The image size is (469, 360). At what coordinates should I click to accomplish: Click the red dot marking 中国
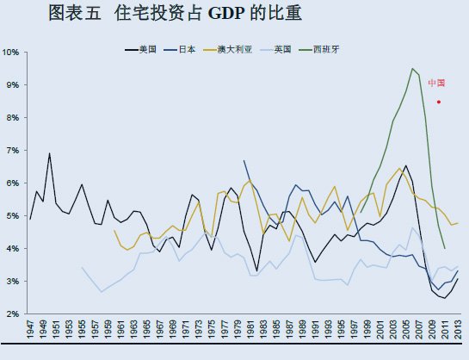click(439, 102)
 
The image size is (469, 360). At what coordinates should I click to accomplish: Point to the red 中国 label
click(436, 84)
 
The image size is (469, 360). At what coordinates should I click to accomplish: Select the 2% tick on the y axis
click(13, 313)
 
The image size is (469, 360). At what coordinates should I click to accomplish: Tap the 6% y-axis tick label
click(13, 183)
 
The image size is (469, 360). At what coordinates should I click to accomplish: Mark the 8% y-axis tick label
click(13, 118)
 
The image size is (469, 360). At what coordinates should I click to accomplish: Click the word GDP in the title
click(224, 14)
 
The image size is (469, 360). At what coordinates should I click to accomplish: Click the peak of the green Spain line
click(412, 69)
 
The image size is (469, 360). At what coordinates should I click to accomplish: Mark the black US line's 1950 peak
click(50, 153)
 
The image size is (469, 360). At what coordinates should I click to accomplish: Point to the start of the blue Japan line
click(244, 160)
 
